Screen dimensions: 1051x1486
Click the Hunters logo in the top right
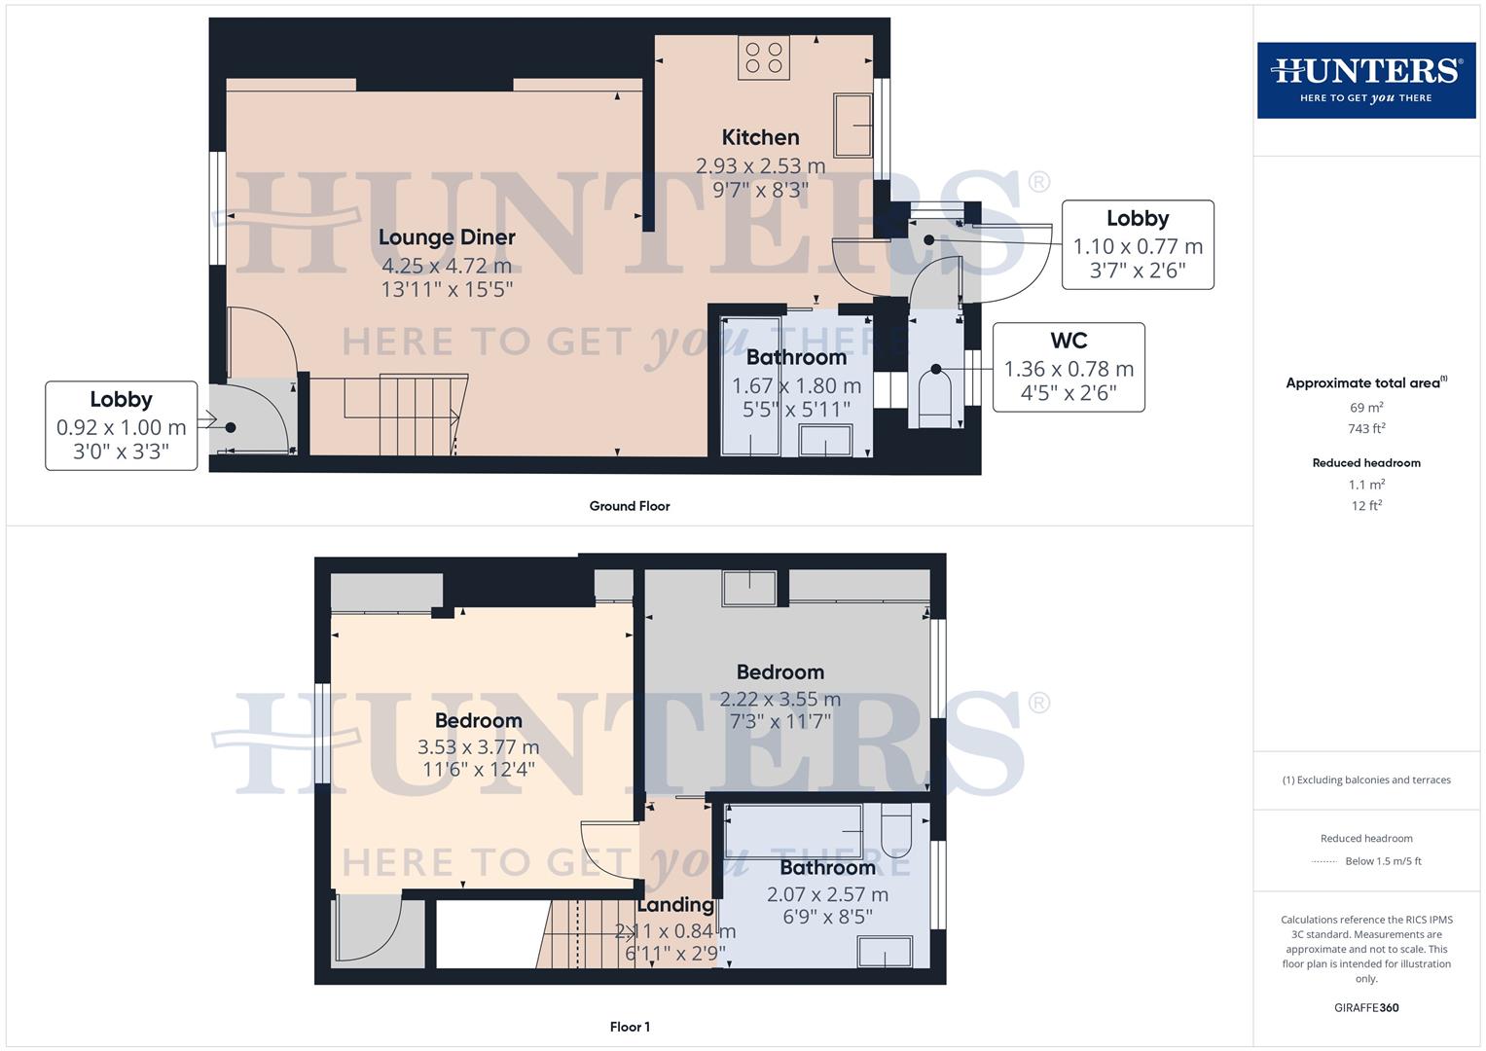pyautogui.click(x=1365, y=80)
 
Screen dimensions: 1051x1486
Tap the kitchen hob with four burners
pyautogui.click(x=763, y=57)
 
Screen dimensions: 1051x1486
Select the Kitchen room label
pyautogui.click(x=760, y=137)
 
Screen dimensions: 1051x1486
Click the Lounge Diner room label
pyautogui.click(x=447, y=237)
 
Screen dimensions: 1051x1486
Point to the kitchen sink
pyautogui.click(x=852, y=125)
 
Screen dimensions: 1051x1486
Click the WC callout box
pyautogui.click(x=1069, y=367)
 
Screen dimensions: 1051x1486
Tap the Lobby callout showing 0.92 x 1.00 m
pyautogui.click(x=121, y=425)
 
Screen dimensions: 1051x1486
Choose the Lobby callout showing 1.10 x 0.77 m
pyautogui.click(x=1137, y=244)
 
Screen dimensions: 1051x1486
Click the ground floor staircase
pyautogui.click(x=399, y=414)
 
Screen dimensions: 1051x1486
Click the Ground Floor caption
pyautogui.click(x=630, y=506)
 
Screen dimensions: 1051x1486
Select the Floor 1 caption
pyautogui.click(x=630, y=1027)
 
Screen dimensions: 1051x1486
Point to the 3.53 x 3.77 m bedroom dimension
pyautogui.click(x=478, y=747)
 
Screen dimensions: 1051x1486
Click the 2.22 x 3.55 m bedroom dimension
pyautogui.click(x=779, y=699)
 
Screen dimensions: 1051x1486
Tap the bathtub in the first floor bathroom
pyautogui.click(x=794, y=830)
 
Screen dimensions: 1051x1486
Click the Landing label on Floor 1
pyautogui.click(x=675, y=905)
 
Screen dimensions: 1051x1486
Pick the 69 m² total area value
pyautogui.click(x=1366, y=408)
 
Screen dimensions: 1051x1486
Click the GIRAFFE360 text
pyautogui.click(x=1366, y=1008)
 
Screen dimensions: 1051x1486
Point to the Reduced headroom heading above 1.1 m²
pyautogui.click(x=1366, y=463)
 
